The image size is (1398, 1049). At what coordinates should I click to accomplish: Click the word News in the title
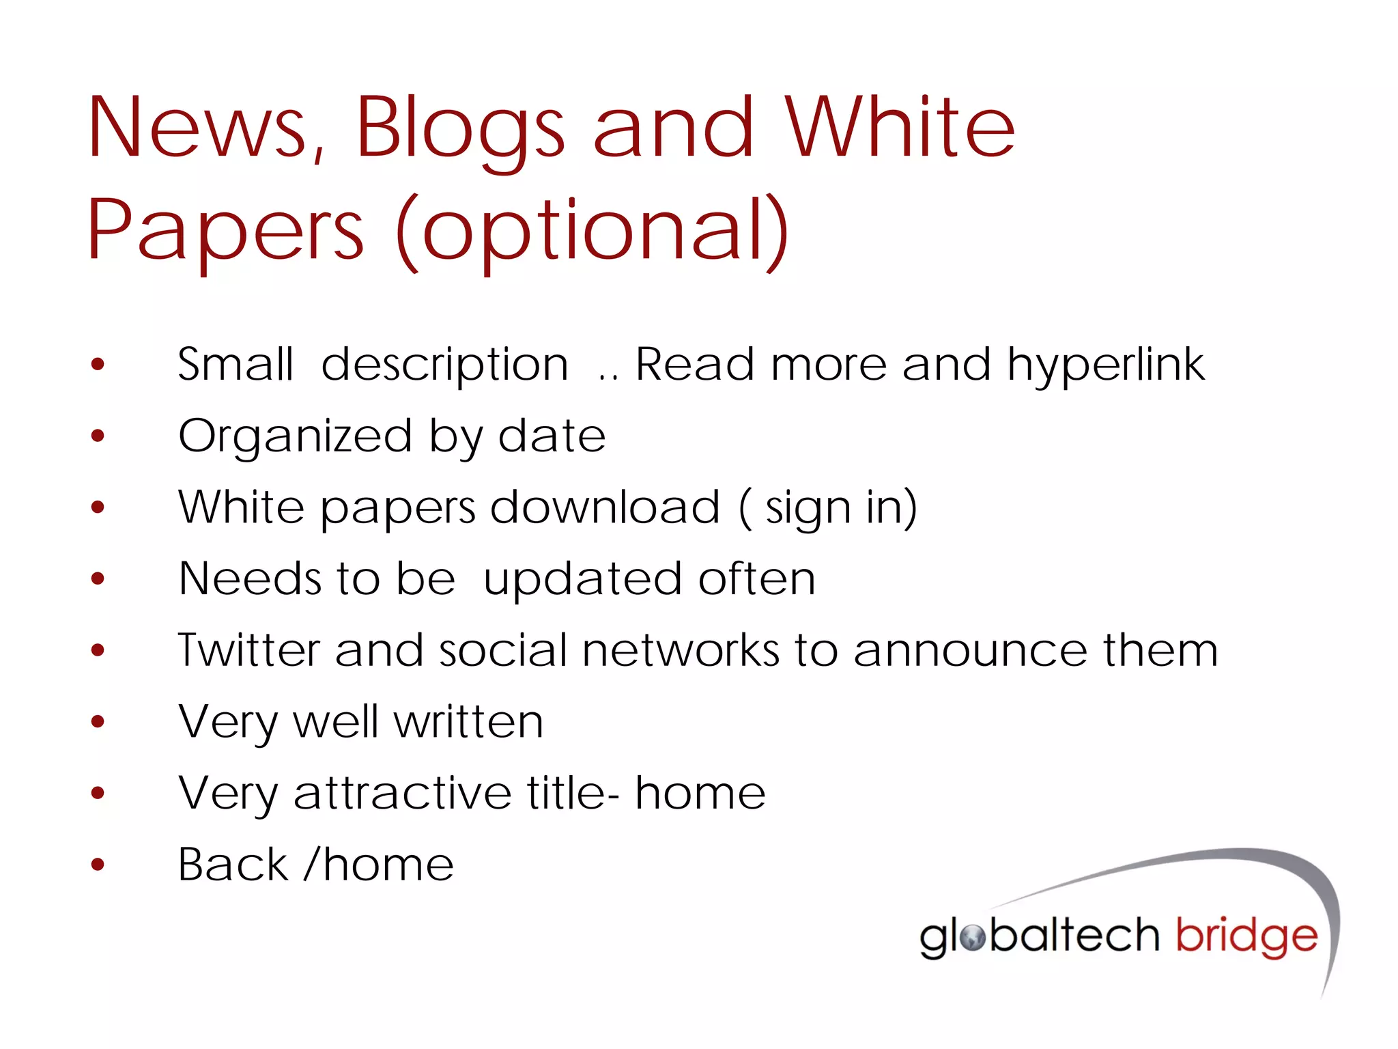(197, 128)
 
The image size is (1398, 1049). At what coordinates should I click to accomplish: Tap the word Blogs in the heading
(459, 130)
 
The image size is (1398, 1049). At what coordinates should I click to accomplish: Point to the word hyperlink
(1106, 365)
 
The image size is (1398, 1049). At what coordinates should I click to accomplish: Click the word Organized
(295, 437)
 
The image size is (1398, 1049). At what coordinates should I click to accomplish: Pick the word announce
(970, 650)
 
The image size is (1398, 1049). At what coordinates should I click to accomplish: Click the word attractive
(402, 793)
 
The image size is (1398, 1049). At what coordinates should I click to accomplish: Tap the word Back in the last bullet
(233, 865)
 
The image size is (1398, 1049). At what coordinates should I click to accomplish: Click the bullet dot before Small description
(98, 364)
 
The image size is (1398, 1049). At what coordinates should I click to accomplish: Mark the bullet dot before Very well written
(98, 721)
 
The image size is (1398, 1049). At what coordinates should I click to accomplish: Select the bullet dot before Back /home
(98, 865)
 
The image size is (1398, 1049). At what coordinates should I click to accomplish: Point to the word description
(444, 365)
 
